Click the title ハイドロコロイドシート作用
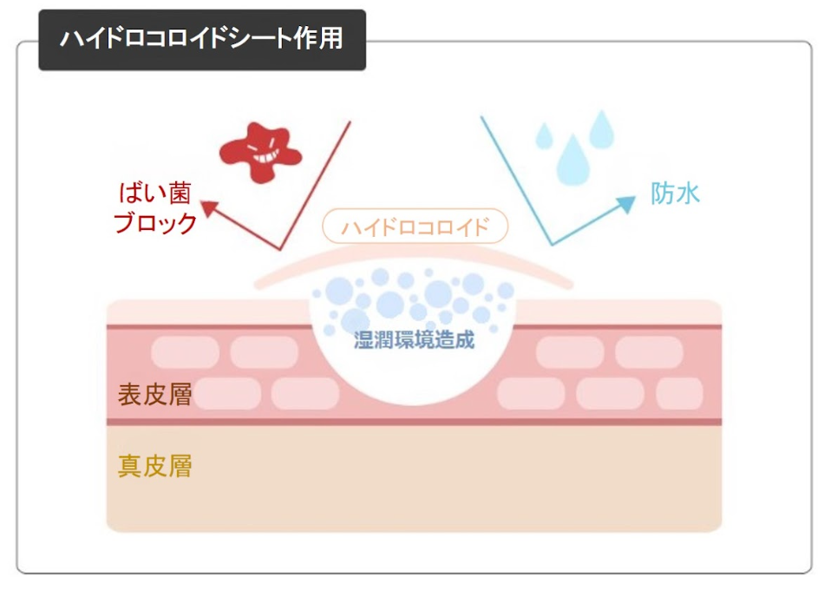[201, 40]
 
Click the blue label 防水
[675, 193]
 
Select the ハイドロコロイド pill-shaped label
[415, 227]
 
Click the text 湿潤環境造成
[415, 339]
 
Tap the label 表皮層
[154, 395]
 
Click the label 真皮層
[154, 467]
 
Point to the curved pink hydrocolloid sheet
[414, 259]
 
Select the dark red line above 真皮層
[414, 423]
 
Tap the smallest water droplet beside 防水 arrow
[544, 135]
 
